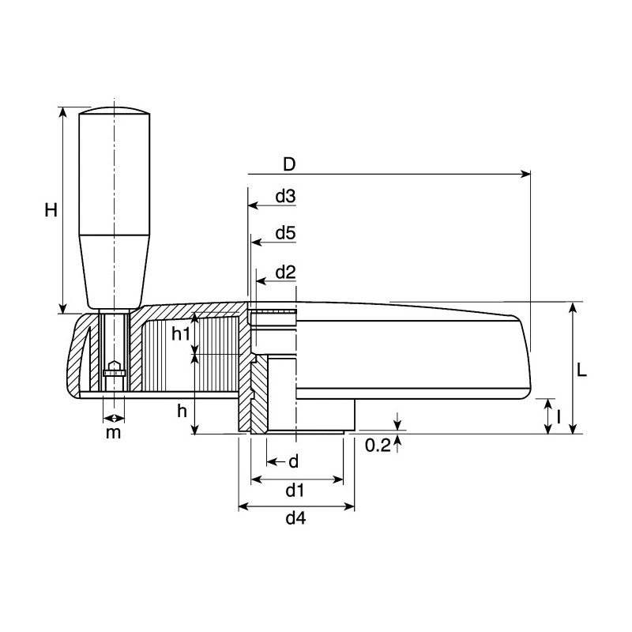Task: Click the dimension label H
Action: tap(51, 210)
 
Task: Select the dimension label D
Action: tap(289, 164)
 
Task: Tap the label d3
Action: tap(285, 196)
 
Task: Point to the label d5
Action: tap(285, 233)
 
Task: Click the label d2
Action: tap(285, 273)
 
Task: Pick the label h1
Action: tap(181, 333)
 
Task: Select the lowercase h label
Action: tap(182, 411)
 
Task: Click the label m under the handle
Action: tap(113, 433)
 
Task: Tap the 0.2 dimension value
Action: tap(378, 446)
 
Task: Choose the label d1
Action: tap(295, 491)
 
